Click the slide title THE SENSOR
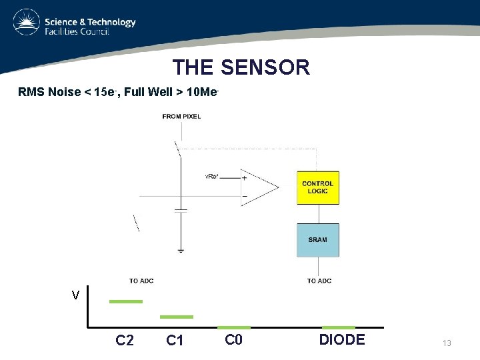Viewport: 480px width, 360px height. coord(241,67)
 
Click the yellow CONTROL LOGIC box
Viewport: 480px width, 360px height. coord(318,187)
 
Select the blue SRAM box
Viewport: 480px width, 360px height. coord(318,240)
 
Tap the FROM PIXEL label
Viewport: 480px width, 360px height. coord(181,117)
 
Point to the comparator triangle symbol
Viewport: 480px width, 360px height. coord(260,187)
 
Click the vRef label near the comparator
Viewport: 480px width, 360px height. coord(212,177)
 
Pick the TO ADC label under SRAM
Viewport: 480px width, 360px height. coord(319,281)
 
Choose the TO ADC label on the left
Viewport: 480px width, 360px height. coord(141,281)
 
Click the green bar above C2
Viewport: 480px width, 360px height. coord(126,301)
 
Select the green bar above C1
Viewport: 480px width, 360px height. coord(177,317)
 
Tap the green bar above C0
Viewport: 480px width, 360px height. coord(234,327)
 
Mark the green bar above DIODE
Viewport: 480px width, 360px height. coord(339,327)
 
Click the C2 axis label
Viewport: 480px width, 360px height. coord(125,341)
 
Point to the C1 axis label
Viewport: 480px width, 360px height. coord(175,341)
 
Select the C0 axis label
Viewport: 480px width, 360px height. coord(233,339)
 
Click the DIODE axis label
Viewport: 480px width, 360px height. coord(342,339)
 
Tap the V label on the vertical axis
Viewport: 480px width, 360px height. coord(76,295)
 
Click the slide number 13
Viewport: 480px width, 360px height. coord(447,343)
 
